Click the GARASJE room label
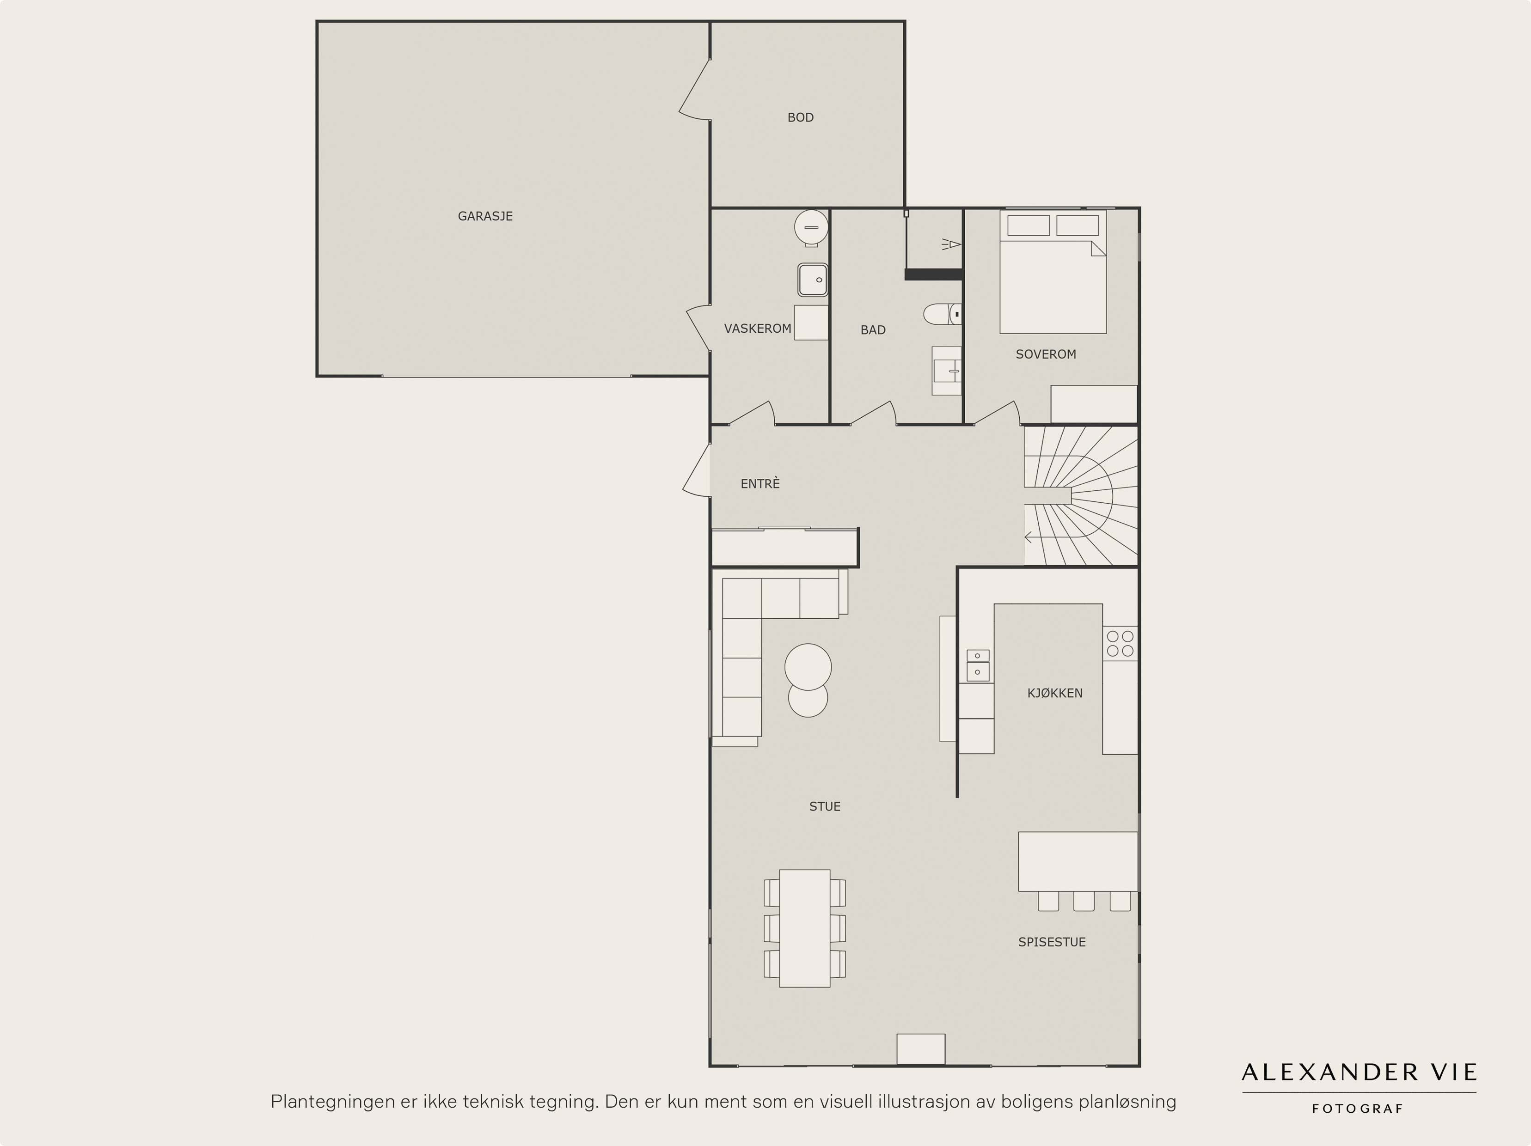[485, 216]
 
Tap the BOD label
[800, 118]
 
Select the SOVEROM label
[1046, 354]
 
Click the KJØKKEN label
[1055, 693]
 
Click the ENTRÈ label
[760, 484]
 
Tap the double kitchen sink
[977, 665]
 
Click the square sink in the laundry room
[813, 280]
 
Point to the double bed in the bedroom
[1053, 272]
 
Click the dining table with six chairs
[804, 928]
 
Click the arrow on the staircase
[1029, 537]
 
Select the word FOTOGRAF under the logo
[1358, 1109]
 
